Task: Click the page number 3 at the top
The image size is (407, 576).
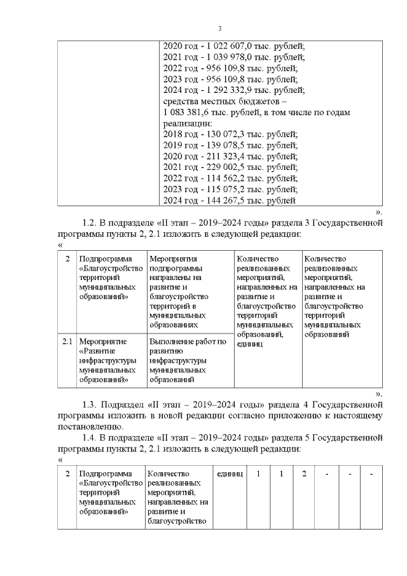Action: [219, 29]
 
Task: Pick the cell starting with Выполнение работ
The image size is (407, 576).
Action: [188, 361]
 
